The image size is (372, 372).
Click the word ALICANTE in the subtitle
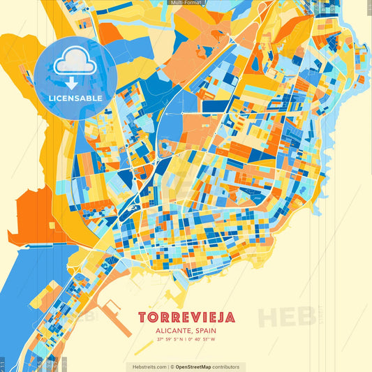[170, 332]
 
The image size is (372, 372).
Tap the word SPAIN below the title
[202, 332]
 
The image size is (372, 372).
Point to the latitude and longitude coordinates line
[186, 341]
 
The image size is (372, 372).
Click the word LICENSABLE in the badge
[75, 98]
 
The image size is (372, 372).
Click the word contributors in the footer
[226, 366]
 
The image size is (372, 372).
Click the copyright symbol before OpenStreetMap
[172, 366]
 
